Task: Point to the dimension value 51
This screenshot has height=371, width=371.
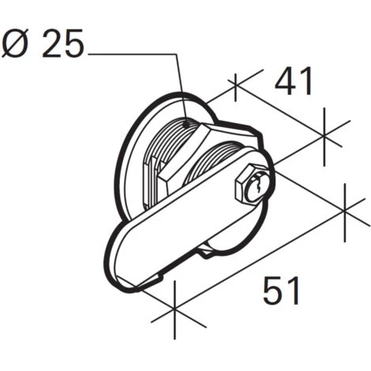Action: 282,291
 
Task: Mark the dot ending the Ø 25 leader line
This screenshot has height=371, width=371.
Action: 186,122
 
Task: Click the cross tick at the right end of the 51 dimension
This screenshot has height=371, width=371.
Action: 346,208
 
